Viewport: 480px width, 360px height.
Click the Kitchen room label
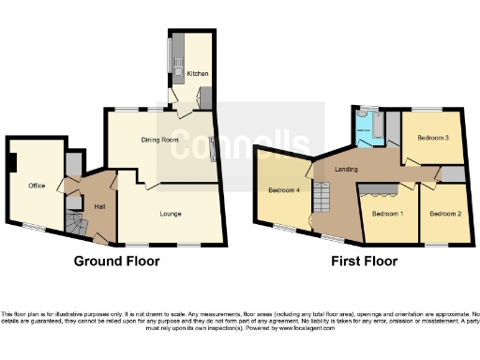[x=198, y=73]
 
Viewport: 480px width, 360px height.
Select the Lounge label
[x=169, y=215]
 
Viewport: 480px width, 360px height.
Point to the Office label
[x=37, y=185]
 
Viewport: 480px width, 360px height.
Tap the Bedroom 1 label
[x=383, y=214]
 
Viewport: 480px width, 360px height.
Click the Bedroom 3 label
[x=434, y=139]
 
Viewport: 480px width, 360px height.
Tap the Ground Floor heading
[x=117, y=261]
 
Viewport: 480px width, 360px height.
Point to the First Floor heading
[x=364, y=261]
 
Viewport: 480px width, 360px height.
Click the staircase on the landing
[x=323, y=198]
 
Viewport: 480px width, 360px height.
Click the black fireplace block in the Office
[x=12, y=163]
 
